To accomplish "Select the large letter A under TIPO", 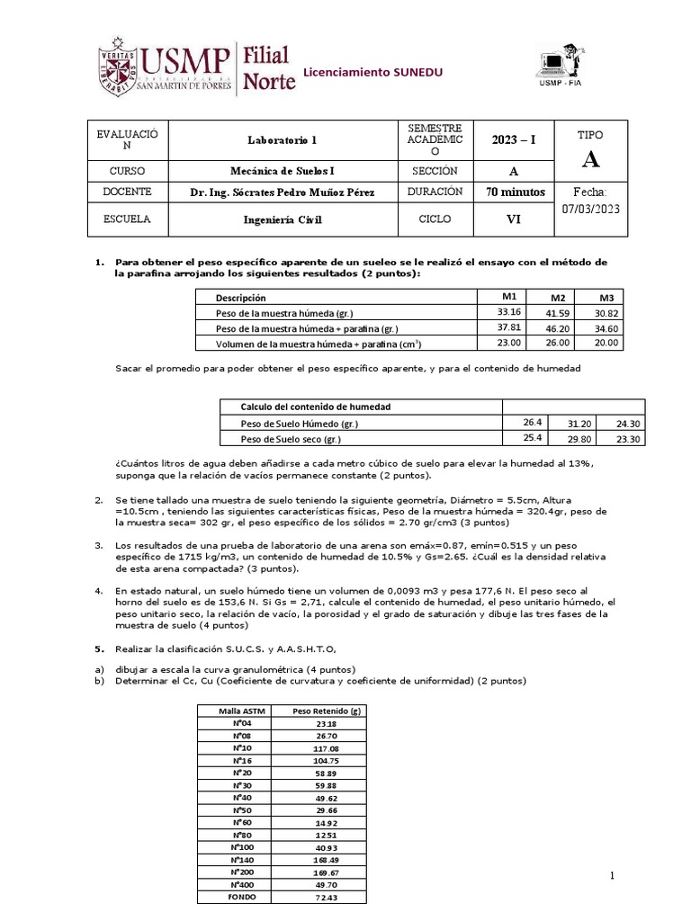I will click(590, 160).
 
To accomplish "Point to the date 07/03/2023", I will click(590, 209).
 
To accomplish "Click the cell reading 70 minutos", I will click(516, 192).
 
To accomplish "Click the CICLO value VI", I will click(516, 219).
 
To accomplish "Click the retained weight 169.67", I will click(327, 872).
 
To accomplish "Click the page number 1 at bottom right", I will click(612, 876).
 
